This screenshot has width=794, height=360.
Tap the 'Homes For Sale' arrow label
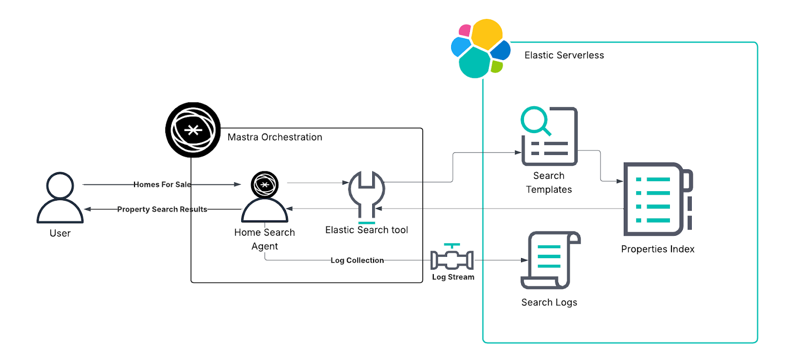click(162, 184)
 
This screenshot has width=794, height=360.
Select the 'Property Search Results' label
click(162, 209)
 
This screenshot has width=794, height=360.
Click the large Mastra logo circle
click(193, 130)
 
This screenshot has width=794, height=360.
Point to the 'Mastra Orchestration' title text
click(274, 137)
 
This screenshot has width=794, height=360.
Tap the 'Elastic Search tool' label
click(366, 230)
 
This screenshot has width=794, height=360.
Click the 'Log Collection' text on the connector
click(357, 260)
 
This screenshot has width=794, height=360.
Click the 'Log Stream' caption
click(453, 277)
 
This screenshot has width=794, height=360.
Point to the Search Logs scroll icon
click(549, 260)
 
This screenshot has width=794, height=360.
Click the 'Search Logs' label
click(549, 302)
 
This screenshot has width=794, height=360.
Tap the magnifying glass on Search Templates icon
click(534, 120)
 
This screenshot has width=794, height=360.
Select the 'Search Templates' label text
click(549, 183)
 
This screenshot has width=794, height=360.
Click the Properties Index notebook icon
click(656, 199)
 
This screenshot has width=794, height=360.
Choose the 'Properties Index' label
click(658, 249)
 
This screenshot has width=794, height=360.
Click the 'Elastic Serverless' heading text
click(564, 55)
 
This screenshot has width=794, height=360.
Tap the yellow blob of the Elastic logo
click(486, 34)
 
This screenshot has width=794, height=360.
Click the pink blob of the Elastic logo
click(464, 31)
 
